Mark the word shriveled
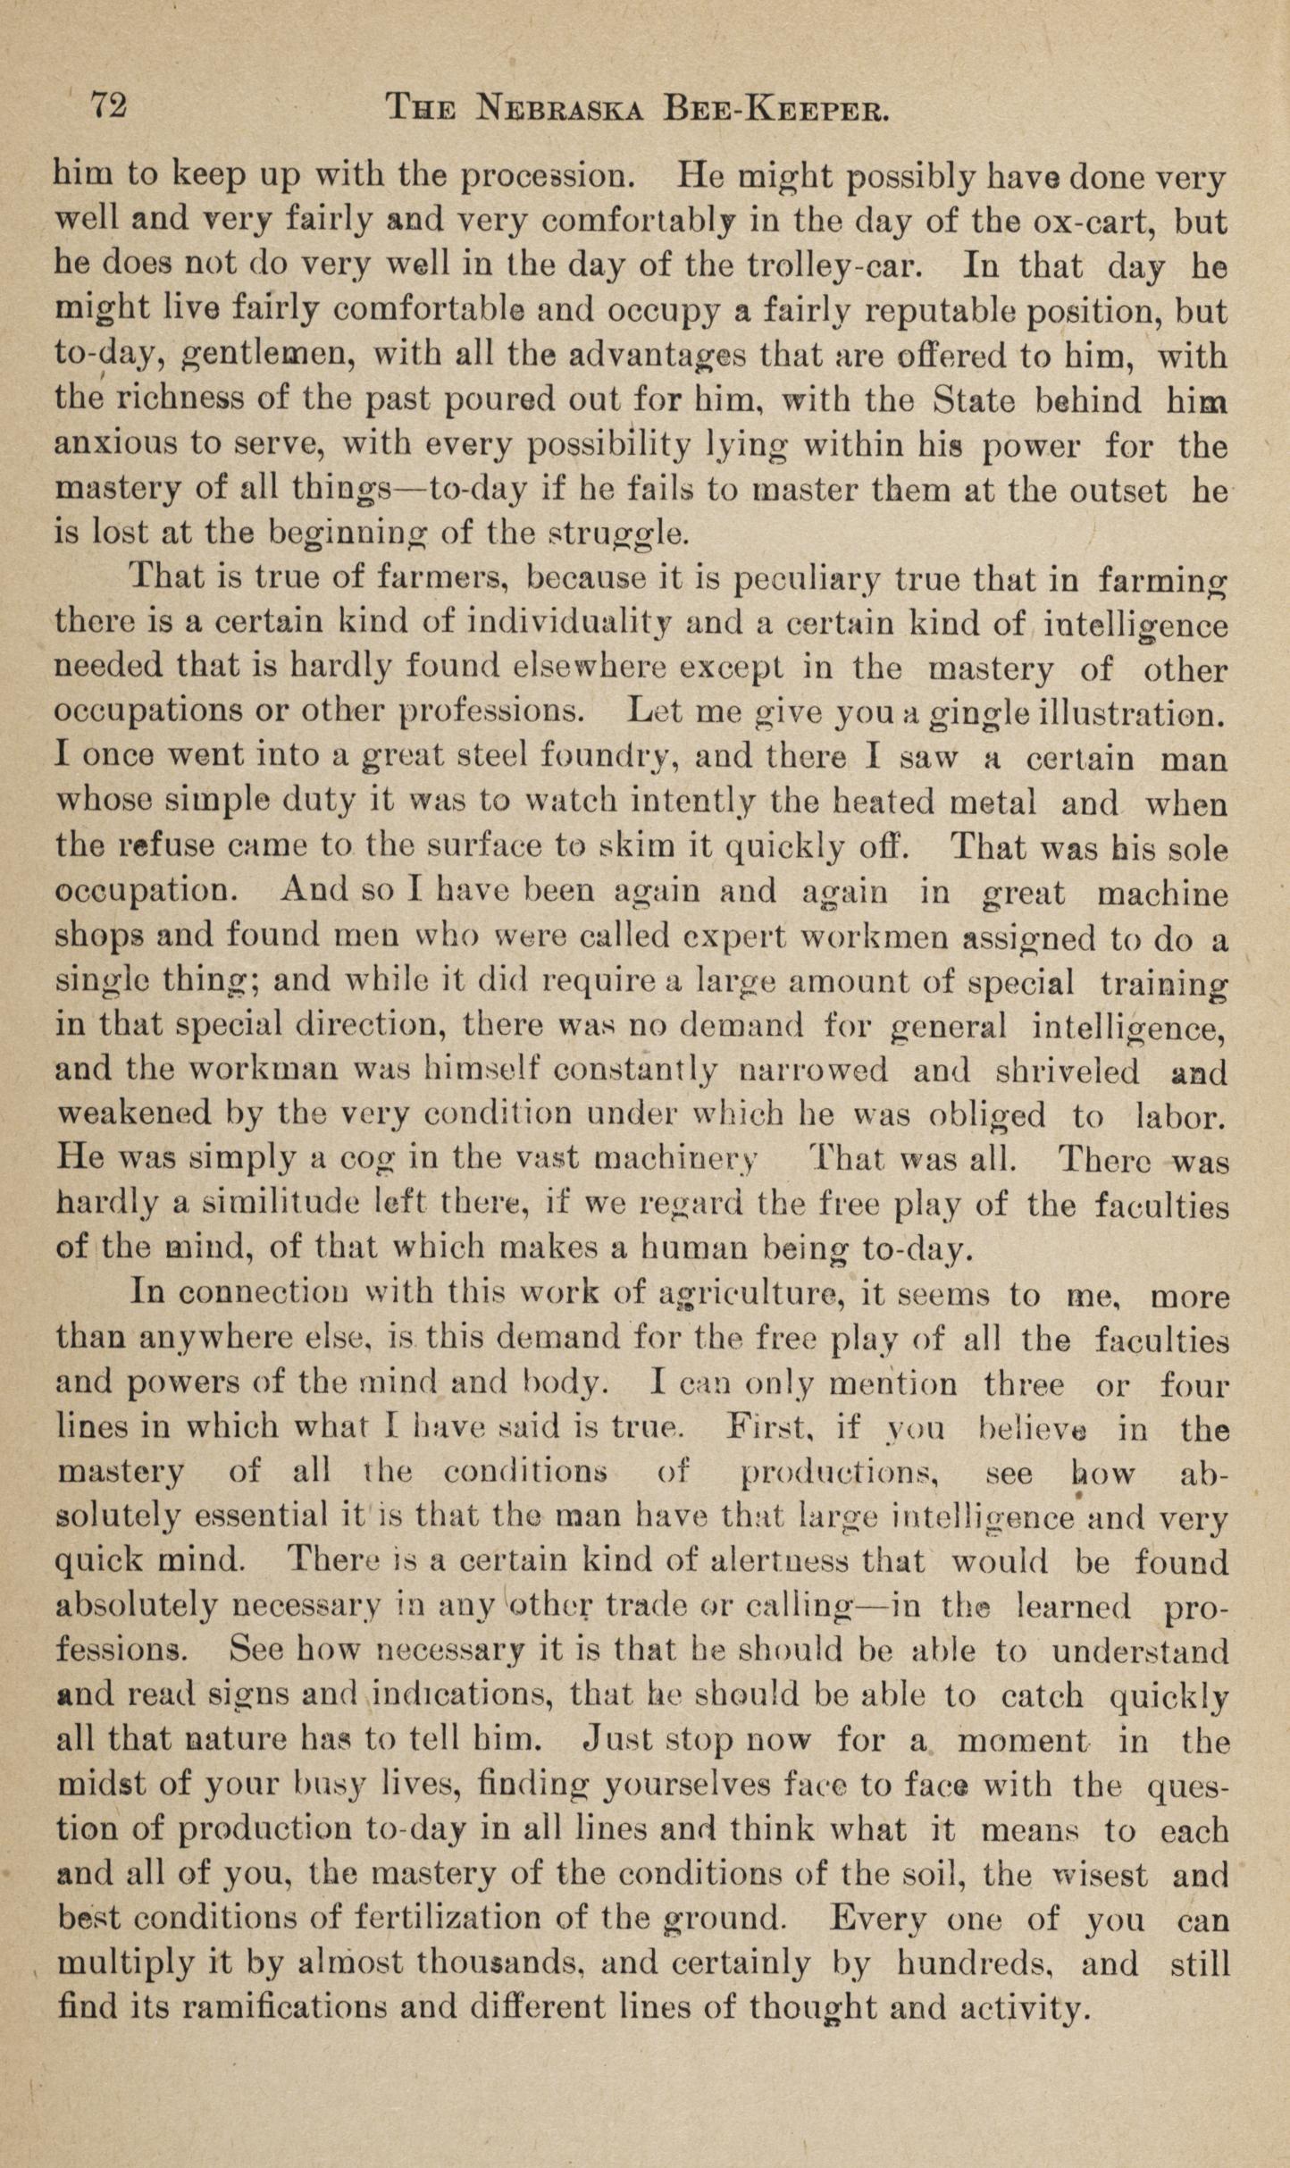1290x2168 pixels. tap(1064, 1071)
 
